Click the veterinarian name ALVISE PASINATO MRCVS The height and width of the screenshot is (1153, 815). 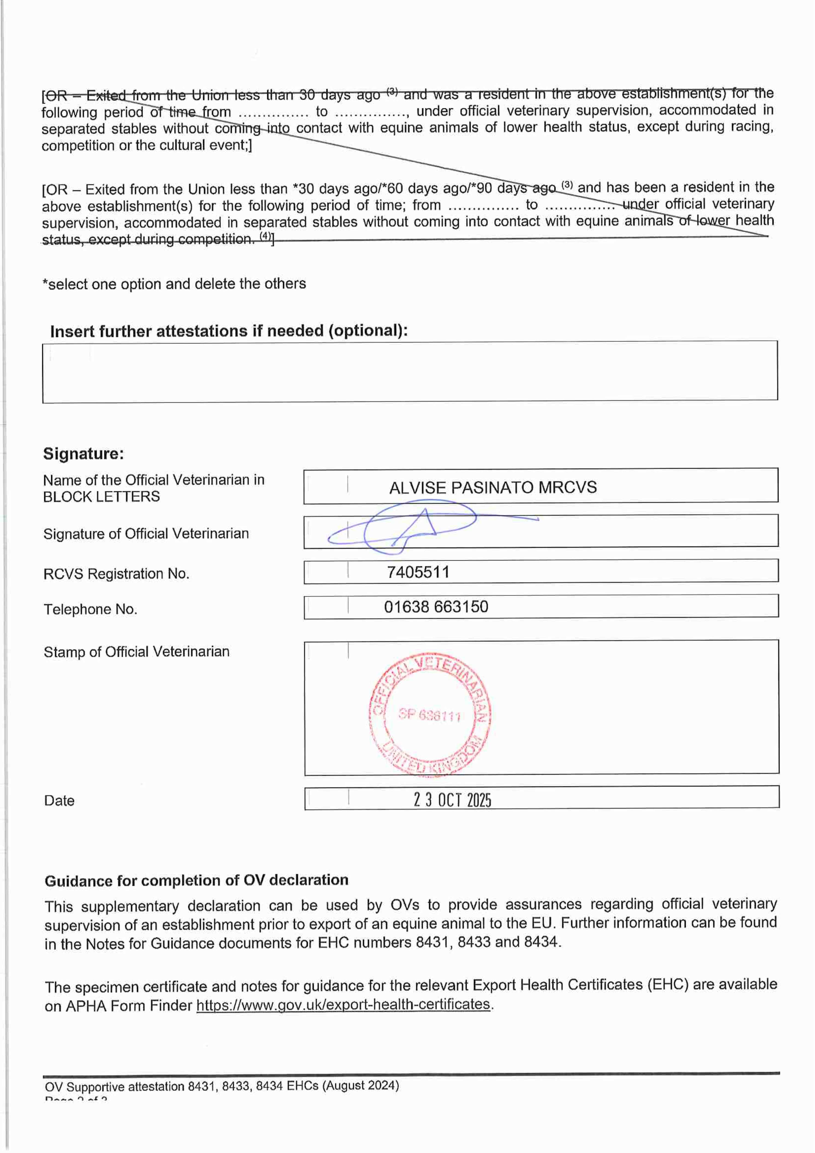[493, 488]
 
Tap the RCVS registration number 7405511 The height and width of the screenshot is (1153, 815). [418, 572]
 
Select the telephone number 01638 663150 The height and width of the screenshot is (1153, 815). [436, 607]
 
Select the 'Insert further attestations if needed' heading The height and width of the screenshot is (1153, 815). [228, 331]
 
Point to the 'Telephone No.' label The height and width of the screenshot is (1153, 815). [90, 609]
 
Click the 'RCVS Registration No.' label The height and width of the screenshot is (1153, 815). [116, 574]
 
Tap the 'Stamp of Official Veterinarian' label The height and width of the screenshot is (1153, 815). [136, 652]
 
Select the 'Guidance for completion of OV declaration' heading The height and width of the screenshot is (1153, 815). [196, 880]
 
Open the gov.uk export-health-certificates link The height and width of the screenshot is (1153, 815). [343, 1004]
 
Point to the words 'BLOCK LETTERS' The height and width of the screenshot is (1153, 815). [101, 497]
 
